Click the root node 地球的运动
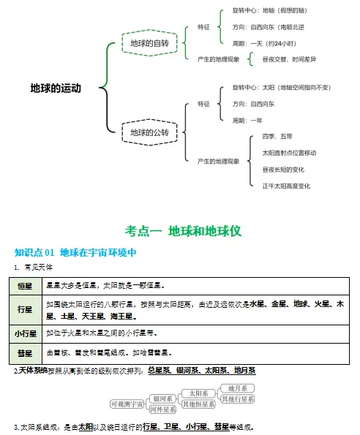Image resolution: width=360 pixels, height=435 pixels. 55,88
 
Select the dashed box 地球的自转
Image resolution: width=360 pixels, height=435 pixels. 149,44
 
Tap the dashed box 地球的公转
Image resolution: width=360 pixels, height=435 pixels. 149,132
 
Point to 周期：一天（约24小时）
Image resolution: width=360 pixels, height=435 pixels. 263,43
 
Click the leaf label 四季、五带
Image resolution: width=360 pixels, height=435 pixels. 277,136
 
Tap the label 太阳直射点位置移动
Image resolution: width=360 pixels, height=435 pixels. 289,153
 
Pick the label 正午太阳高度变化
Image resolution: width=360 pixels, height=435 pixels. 286,186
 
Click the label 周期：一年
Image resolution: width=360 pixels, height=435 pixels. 247,120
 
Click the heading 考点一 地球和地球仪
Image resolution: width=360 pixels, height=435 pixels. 183,230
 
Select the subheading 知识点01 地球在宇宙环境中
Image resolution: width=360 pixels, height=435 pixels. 76,252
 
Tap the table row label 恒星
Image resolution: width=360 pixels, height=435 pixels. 25,285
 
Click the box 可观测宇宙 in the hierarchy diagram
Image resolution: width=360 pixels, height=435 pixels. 127,404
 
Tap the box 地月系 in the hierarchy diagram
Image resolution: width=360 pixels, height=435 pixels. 238,388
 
